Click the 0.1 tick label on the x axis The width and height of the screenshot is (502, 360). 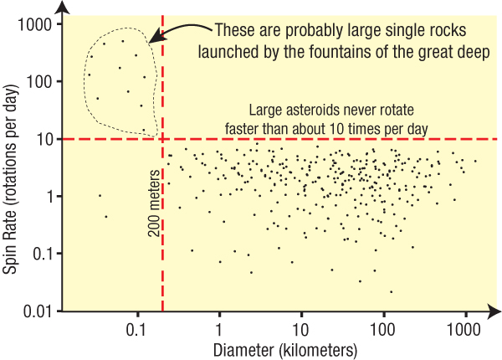pyautogui.click(x=137, y=330)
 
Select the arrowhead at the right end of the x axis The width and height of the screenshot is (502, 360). pyautogui.click(x=495, y=311)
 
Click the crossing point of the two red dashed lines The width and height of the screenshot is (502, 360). pyautogui.click(x=162, y=139)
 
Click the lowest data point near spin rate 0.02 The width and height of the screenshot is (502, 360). pyautogui.click(x=391, y=291)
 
